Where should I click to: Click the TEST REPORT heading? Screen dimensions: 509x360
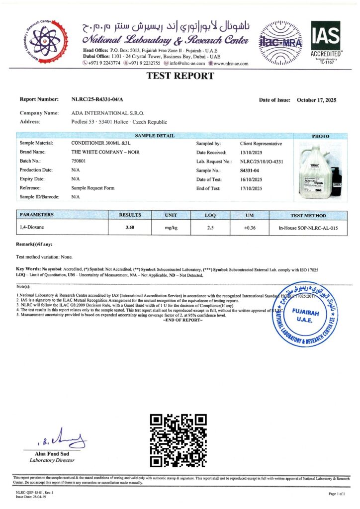180,76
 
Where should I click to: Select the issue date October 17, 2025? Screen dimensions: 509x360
316,100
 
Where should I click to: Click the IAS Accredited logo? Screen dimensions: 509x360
326,41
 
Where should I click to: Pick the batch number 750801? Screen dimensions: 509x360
79,161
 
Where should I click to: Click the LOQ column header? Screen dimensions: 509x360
210,215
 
